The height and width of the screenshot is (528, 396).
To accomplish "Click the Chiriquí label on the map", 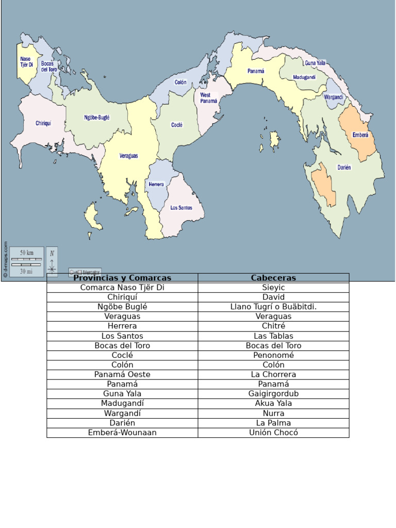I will point(43,123).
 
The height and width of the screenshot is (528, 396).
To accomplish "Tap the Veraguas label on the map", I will point(128,156).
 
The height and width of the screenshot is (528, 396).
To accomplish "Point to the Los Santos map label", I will point(181,208).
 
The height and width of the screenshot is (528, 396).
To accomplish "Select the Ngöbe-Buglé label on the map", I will point(97,118).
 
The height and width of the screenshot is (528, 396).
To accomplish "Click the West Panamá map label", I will point(208,98).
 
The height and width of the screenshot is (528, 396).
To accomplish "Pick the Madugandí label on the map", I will point(304,77).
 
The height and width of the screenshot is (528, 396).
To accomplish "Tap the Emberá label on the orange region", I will point(360,135).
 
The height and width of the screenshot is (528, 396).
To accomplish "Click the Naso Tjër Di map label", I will point(26,62).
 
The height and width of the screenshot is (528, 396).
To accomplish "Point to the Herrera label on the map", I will point(156,184).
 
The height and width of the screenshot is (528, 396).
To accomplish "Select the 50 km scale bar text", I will point(27,253).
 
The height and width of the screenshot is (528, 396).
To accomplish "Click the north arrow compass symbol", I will point(52,261).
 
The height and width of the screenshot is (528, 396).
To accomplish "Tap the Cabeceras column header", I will point(273,278).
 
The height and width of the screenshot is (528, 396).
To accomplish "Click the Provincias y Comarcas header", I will point(122,278).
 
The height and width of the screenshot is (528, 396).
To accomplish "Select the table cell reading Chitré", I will point(273,326).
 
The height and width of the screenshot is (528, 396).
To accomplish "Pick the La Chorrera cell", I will point(273,374).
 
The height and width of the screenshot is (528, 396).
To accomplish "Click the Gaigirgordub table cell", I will point(273,394).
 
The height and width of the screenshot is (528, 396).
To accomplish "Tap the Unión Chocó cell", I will point(273,433).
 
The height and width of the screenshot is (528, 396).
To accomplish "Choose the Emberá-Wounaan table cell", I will point(122,433).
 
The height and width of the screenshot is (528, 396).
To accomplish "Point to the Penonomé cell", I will point(273,355).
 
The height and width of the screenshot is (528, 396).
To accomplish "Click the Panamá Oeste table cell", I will point(122,374).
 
